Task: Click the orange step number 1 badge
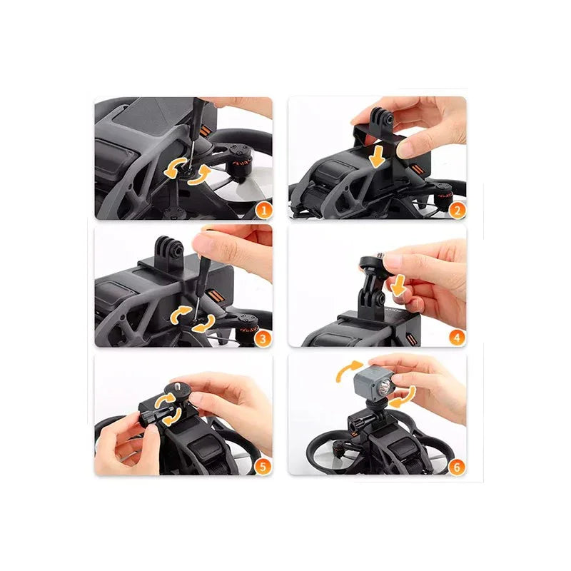tap(263, 210)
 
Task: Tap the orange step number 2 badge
tap(458, 210)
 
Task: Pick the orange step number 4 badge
tap(457, 337)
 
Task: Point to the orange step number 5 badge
tap(263, 466)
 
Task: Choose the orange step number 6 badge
tap(457, 466)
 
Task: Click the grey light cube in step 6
tap(373, 383)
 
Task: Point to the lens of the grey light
tap(384, 385)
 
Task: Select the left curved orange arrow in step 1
tap(174, 168)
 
